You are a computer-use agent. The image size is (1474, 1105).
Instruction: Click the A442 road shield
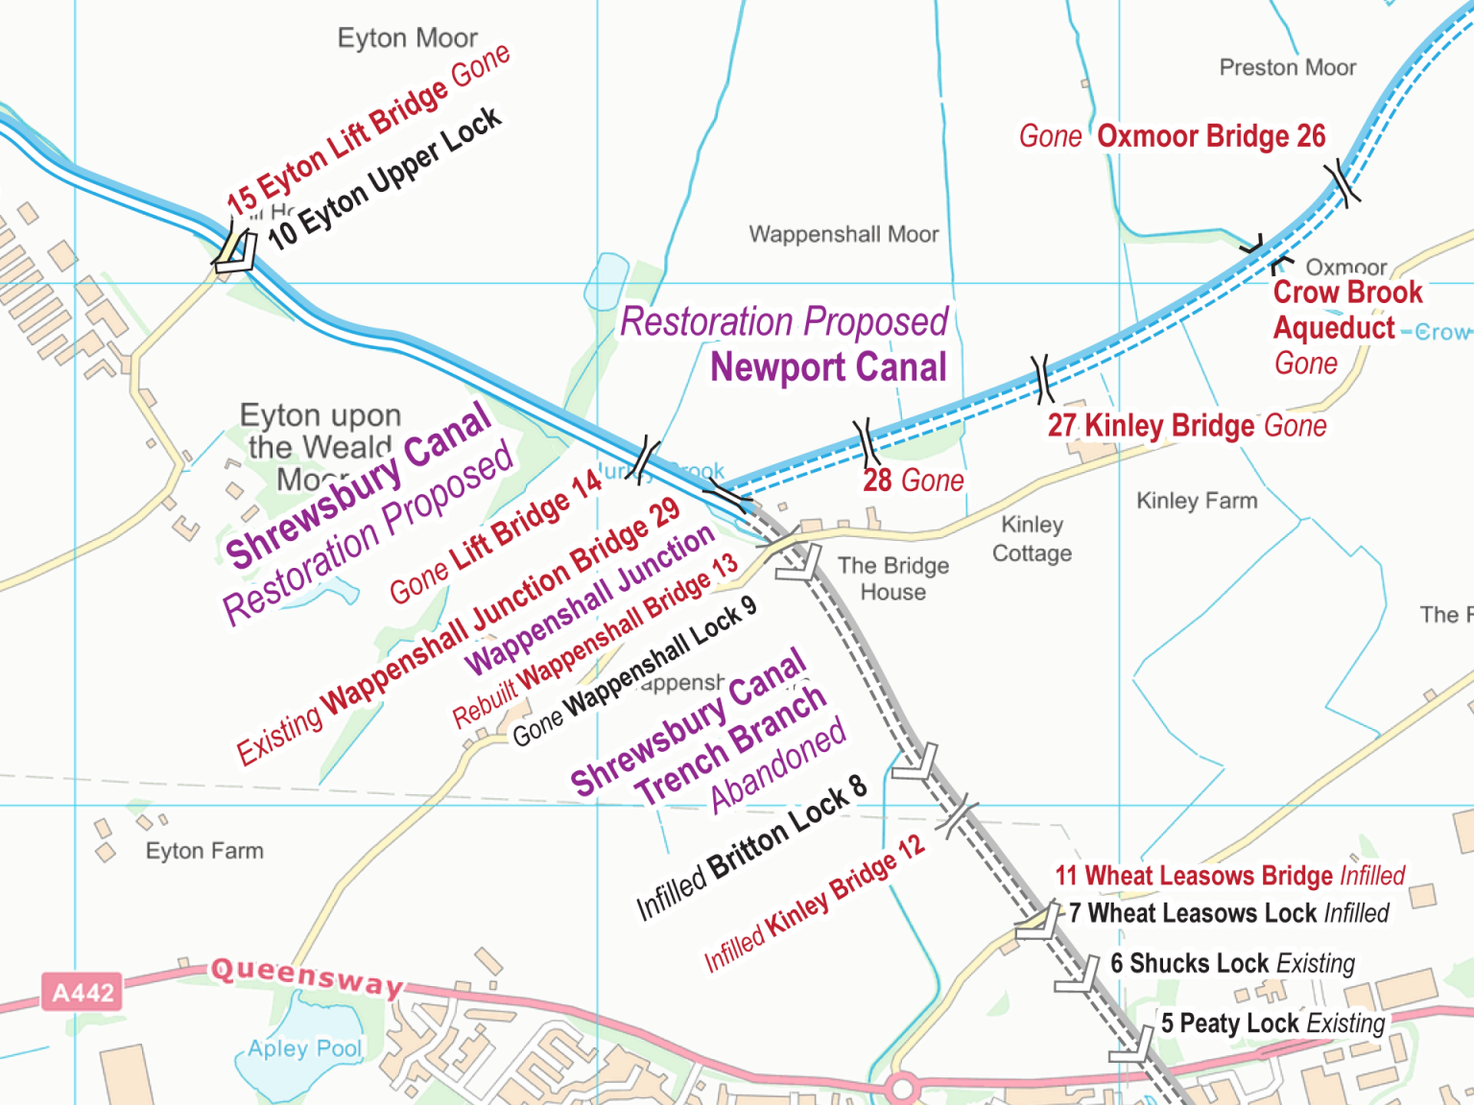coord(83,992)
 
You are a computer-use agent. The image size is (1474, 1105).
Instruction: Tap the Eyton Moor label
coord(407,38)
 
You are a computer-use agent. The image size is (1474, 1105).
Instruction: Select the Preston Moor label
coord(1287,67)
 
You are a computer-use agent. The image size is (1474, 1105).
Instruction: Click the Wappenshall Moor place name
coord(844,234)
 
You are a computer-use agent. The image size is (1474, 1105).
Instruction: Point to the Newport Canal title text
coord(828,367)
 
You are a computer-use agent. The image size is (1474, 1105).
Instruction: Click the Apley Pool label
coord(304,1048)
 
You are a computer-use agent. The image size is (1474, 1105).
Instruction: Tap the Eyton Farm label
coord(203,851)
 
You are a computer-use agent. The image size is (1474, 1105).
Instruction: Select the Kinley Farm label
coord(1196,501)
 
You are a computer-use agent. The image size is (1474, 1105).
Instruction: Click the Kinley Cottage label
coord(1032,539)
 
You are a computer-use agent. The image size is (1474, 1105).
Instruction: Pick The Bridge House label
coord(892,578)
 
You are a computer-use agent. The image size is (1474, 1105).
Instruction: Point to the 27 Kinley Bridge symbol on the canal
coord(1042,378)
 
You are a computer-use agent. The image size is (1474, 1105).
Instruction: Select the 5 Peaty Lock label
coord(1272,1023)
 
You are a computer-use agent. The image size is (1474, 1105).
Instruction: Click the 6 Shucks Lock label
coord(1232,963)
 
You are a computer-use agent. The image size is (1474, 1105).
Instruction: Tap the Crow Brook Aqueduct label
coord(1346,310)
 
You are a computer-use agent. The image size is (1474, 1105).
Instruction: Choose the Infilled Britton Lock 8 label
coord(751,847)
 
